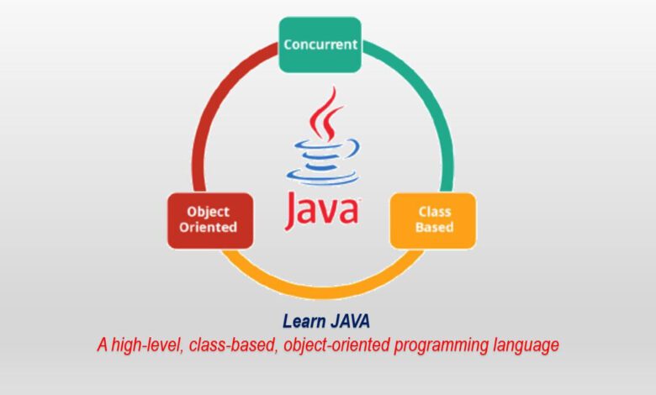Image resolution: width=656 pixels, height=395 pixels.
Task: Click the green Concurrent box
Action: point(320,45)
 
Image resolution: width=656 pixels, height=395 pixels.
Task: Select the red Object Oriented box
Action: point(210,221)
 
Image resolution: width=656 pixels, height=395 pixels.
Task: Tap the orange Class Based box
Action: point(433,221)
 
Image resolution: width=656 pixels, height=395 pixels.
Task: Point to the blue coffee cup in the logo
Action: point(323,162)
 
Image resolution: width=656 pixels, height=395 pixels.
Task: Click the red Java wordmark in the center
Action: point(322,210)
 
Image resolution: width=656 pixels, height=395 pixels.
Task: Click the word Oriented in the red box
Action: point(208,228)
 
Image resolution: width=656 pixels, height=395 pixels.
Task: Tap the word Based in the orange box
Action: point(434,228)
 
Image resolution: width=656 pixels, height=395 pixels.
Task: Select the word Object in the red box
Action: point(208,212)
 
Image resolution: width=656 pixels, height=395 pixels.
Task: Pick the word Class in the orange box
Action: point(435,212)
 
